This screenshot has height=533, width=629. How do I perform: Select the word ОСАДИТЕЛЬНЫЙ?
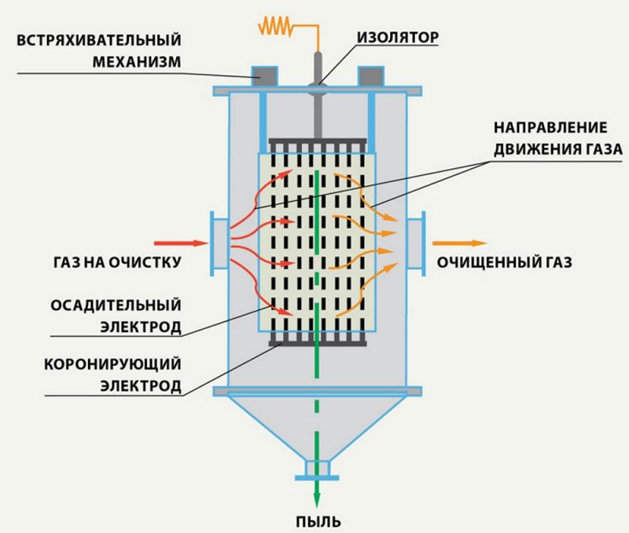116,304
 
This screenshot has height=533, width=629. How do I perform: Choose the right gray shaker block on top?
372,76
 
